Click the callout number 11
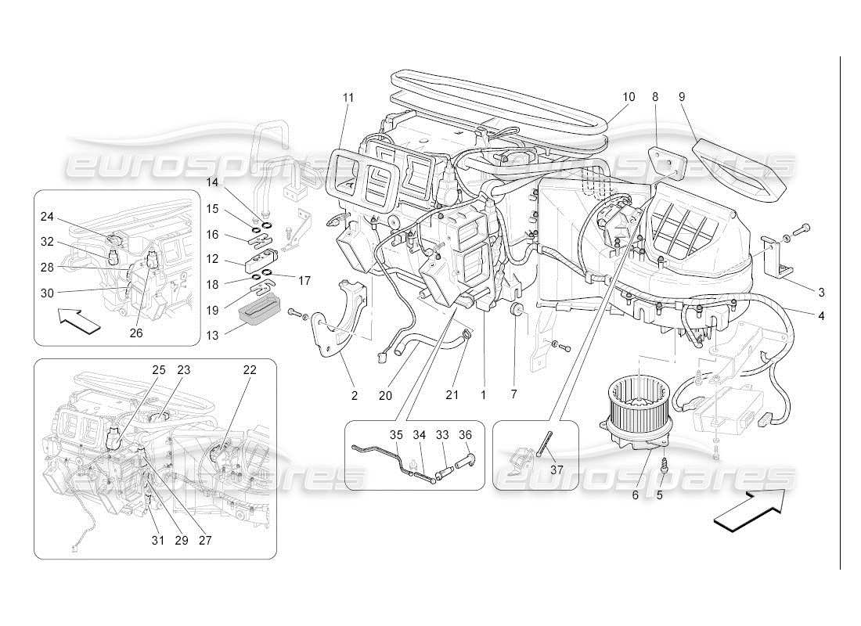[348, 98]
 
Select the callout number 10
[629, 97]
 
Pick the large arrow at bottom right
[750, 509]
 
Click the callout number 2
[354, 396]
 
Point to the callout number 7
[513, 395]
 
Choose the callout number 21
[452, 395]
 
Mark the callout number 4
[821, 317]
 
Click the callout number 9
[682, 97]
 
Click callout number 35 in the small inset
[397, 435]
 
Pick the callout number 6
[635, 495]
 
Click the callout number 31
[158, 540]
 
